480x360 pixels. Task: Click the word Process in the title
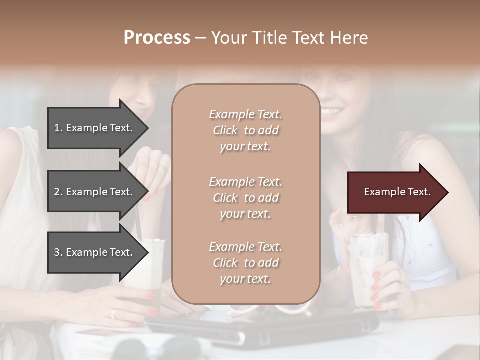157,38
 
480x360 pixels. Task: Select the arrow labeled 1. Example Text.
95,128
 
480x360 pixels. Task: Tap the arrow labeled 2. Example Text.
95,192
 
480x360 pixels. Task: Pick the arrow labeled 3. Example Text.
95,252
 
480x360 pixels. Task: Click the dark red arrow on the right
395,192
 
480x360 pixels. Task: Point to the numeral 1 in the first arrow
57,128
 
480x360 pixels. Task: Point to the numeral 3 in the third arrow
57,252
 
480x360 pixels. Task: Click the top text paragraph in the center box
245,130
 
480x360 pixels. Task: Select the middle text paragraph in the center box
245,198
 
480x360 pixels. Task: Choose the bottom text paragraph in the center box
245,263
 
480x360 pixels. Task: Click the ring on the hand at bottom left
113,314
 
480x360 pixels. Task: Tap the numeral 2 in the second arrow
57,192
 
